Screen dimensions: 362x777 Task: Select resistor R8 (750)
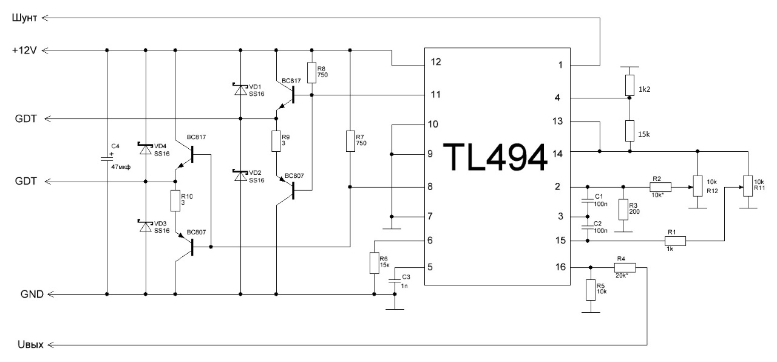click(312, 72)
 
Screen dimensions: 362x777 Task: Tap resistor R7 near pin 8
click(350, 141)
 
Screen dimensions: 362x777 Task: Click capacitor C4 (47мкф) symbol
click(107, 159)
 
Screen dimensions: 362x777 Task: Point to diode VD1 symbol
click(241, 87)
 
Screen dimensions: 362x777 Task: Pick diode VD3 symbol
click(146, 226)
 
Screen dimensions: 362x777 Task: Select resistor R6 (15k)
click(374, 264)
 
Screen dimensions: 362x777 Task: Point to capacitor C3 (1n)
click(395, 280)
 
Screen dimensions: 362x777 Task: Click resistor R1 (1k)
click(675, 241)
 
